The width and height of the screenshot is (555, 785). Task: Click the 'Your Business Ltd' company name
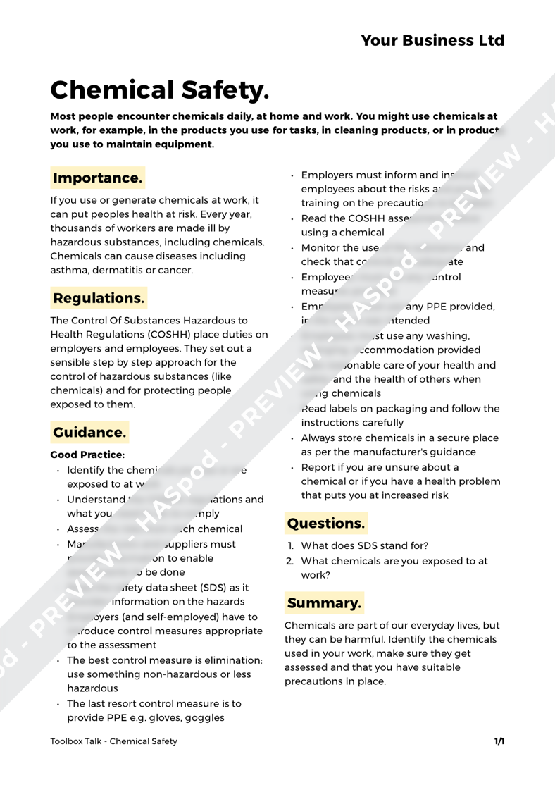[x=433, y=40]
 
